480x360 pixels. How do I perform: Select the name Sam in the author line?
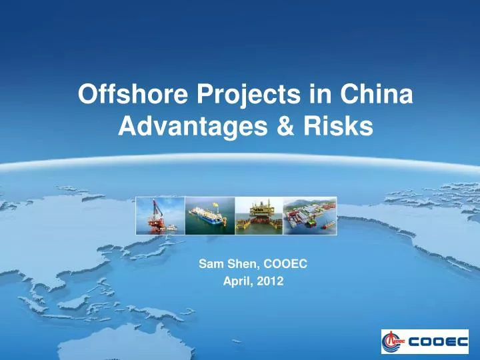[x=210, y=264]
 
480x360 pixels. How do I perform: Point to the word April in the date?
[x=236, y=281]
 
